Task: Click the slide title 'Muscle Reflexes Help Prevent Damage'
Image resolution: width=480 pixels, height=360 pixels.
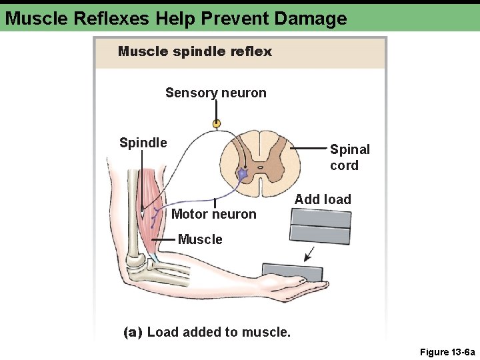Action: (x=176, y=18)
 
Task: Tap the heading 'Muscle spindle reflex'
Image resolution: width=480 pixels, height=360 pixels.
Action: (x=195, y=51)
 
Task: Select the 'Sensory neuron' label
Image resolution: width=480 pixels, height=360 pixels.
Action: (x=215, y=93)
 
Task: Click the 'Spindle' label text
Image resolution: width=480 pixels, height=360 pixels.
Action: (x=143, y=143)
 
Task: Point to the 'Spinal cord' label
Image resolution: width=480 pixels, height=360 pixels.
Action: (x=349, y=157)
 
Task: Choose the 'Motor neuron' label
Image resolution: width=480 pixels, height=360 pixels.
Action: (x=213, y=214)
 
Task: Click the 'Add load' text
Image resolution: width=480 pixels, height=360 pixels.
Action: (x=323, y=199)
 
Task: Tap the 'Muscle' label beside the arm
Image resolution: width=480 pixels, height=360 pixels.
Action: (x=200, y=239)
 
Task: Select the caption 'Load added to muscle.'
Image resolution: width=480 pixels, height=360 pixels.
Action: (x=219, y=331)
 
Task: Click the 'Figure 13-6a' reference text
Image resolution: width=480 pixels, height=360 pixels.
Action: (x=447, y=351)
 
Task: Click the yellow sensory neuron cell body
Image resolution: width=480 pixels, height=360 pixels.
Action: (x=216, y=123)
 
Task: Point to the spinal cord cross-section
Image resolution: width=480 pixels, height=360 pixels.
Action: (x=253, y=164)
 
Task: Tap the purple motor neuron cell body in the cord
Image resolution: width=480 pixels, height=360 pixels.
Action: (x=243, y=174)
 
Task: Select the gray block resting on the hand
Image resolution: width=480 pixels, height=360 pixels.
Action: (x=292, y=272)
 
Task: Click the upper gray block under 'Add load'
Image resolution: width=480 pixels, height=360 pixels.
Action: (x=321, y=217)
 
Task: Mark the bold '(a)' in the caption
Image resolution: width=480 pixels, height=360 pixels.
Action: (x=133, y=331)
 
